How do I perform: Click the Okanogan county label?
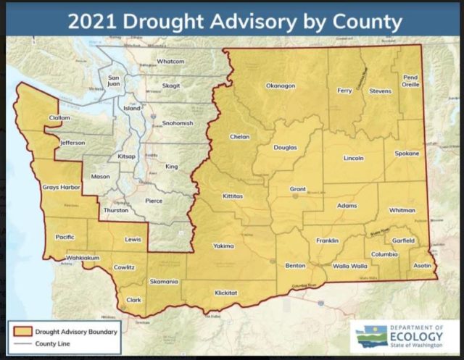click(x=281, y=85)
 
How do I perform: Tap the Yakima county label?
click(x=223, y=246)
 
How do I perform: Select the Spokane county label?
click(x=407, y=154)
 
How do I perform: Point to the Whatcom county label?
click(x=171, y=62)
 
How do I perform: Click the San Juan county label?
click(x=113, y=80)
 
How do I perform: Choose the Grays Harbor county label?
click(x=60, y=188)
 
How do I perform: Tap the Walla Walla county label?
click(x=350, y=266)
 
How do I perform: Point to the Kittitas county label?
click(x=233, y=196)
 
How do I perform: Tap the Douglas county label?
click(x=285, y=148)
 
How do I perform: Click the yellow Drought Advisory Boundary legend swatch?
click(x=20, y=330)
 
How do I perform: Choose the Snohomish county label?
click(x=177, y=123)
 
